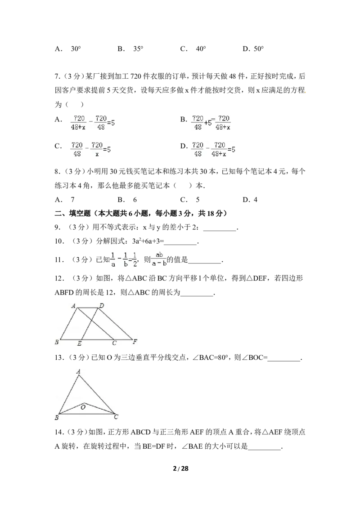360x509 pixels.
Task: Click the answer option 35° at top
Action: tap(138, 49)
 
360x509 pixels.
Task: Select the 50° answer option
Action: tap(259, 49)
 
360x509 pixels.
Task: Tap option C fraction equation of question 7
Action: tap(90, 149)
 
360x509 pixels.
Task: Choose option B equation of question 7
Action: tap(211, 123)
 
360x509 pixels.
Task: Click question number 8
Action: tap(58, 171)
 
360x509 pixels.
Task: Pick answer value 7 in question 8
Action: tap(72, 200)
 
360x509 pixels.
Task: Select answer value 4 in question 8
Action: tap(256, 200)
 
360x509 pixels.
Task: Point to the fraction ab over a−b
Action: tap(159, 259)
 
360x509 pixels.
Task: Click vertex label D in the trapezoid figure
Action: tap(102, 305)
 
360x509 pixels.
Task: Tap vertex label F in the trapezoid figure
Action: tap(135, 341)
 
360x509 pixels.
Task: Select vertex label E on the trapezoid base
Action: tap(79, 344)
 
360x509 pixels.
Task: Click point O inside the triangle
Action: tap(83, 407)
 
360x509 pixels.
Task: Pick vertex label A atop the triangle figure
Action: tap(78, 371)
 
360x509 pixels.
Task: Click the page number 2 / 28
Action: tap(180, 469)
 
